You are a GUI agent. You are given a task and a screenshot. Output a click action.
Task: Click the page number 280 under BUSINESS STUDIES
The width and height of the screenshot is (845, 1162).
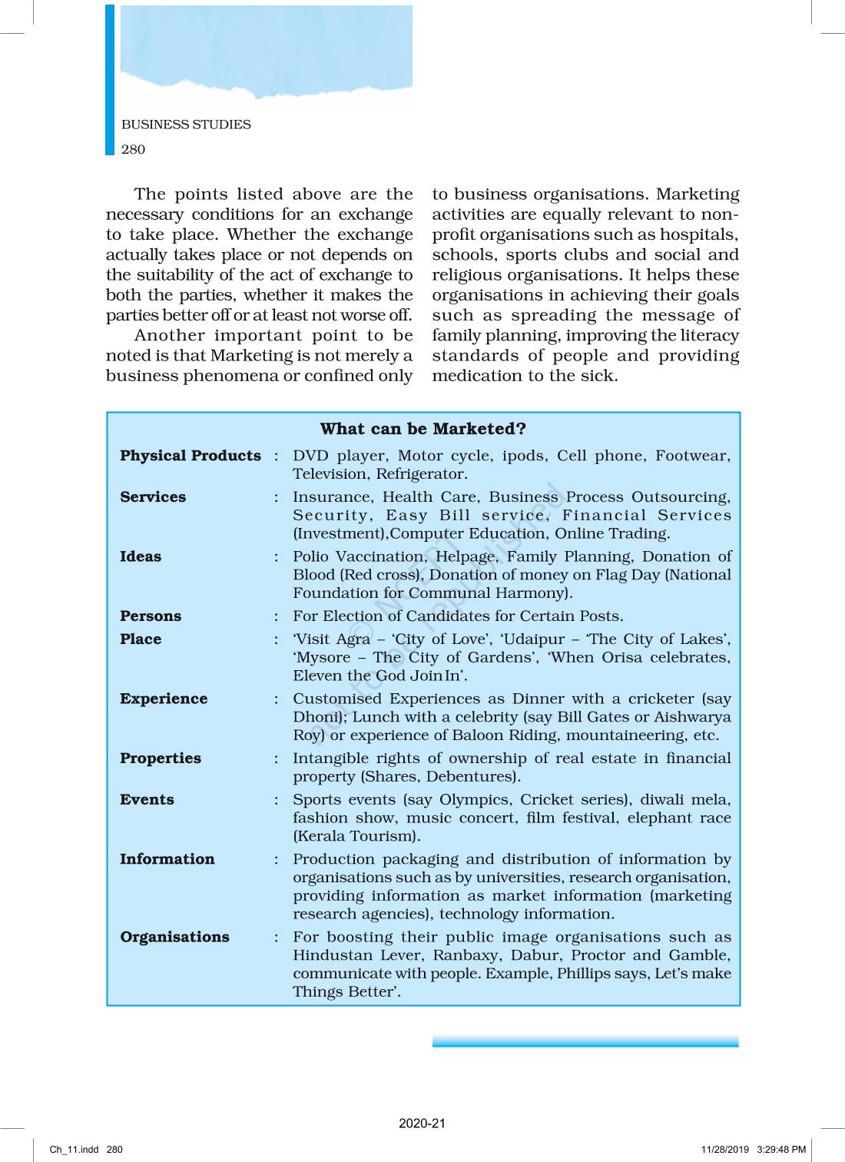[x=133, y=149]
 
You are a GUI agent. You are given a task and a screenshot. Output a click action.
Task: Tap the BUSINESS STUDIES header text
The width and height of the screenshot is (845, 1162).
[x=186, y=124]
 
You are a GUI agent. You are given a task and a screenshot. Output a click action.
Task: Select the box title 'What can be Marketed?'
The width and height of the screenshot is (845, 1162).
[x=422, y=429]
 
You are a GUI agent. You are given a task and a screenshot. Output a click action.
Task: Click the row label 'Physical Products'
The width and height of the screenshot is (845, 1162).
[x=191, y=456]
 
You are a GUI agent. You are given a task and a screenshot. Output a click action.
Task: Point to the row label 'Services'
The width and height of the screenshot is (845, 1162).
[x=153, y=497]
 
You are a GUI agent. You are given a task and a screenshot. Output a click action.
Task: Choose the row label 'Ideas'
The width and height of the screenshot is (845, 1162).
[x=141, y=556]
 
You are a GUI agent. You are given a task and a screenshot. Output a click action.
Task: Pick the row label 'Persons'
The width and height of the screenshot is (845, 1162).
[x=151, y=616]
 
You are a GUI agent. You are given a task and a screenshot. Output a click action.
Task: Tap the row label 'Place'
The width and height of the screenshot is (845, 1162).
[x=141, y=639]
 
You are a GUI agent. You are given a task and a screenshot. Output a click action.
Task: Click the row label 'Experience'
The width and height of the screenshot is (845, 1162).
[x=164, y=699]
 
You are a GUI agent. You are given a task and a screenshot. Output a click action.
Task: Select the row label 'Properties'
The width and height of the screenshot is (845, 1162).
[x=161, y=759]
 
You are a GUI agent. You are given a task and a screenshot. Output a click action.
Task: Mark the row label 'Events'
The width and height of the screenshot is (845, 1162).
[x=147, y=800]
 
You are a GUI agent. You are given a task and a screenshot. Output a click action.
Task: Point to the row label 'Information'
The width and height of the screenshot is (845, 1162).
[x=167, y=859]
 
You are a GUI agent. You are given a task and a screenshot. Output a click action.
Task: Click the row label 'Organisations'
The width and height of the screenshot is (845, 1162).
[x=174, y=937]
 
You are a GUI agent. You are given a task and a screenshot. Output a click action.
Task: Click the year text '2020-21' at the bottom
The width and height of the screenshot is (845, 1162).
[x=422, y=1124]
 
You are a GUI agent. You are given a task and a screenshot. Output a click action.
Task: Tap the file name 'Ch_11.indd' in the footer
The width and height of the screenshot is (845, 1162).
[x=75, y=1150]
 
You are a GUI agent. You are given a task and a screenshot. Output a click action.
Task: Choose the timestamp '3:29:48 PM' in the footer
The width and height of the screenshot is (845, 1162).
[x=781, y=1150]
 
